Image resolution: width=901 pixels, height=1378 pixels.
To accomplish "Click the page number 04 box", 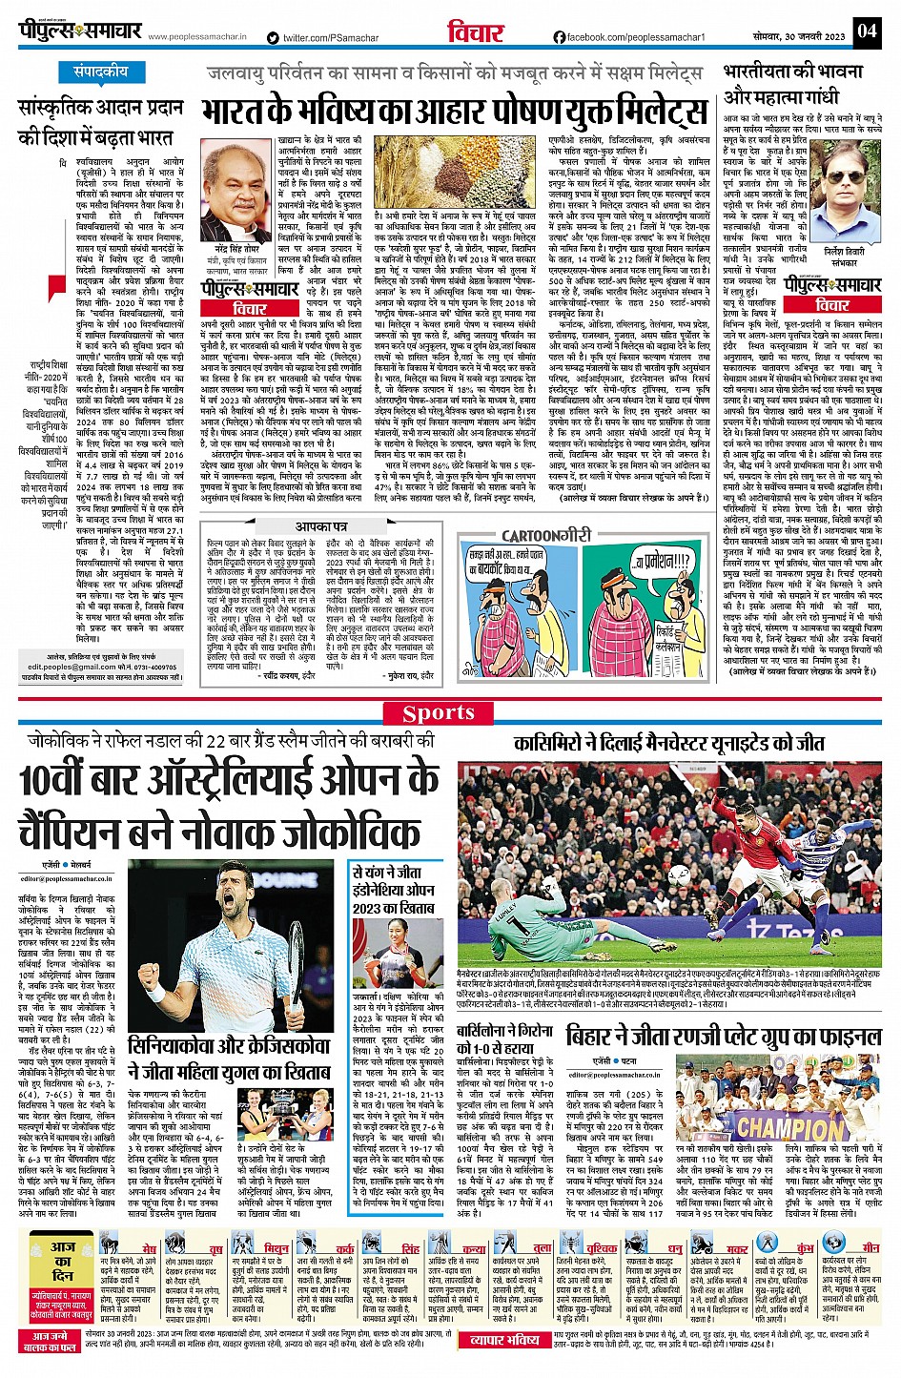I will click(866, 31).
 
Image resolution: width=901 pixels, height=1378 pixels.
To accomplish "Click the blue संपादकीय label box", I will click(101, 72).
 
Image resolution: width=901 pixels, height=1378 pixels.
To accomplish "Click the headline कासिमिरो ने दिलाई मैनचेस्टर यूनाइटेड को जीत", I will click(668, 743).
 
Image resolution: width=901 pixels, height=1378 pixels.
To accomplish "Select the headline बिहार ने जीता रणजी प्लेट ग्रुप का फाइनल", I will click(725, 1037).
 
